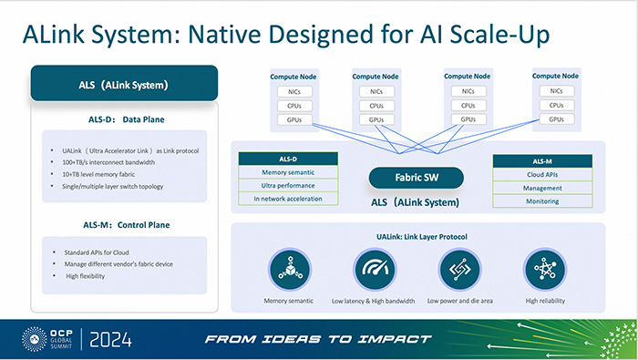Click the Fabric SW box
411,178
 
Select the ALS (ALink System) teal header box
123,83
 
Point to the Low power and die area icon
459,270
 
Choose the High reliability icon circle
545,270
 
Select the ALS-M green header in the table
542,160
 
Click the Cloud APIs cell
542,173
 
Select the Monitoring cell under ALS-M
542,200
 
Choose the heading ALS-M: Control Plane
123,224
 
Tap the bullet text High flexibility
86,276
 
